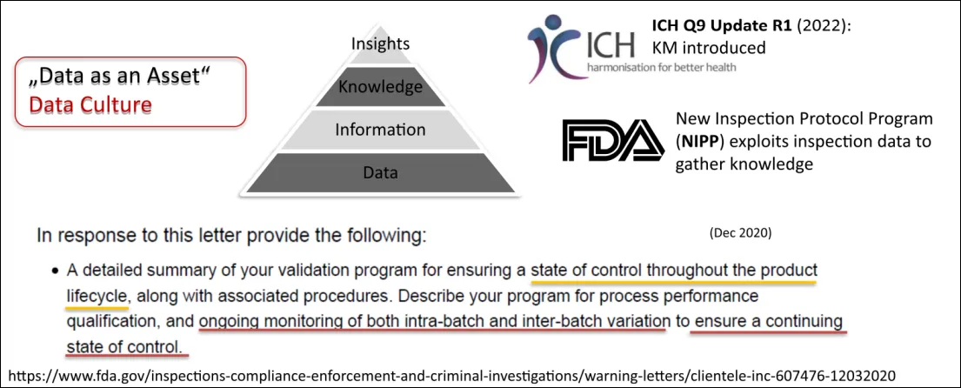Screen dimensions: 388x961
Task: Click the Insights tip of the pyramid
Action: [x=380, y=45]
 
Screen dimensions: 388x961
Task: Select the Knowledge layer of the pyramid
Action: [x=380, y=86]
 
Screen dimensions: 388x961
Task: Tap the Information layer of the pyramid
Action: [x=380, y=130]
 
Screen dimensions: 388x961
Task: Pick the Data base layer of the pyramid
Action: [x=380, y=172]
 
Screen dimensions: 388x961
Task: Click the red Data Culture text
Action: [x=90, y=105]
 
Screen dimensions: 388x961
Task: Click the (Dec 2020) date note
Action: [x=740, y=233]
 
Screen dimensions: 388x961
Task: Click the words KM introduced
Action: [x=709, y=48]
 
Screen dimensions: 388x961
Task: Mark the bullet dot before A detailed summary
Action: [x=55, y=271]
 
